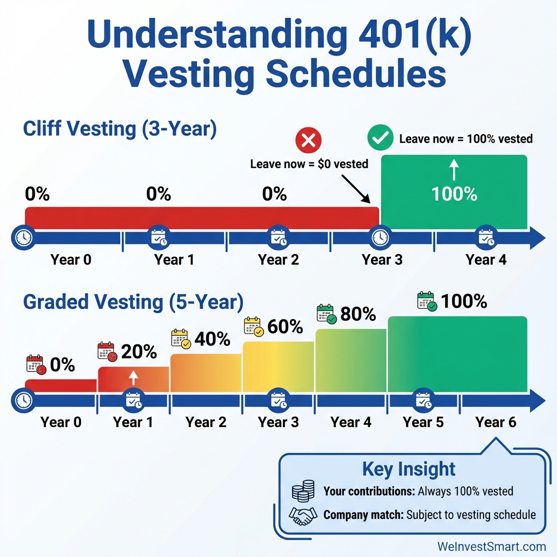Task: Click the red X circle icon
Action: point(308,141)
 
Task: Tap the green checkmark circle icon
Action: point(380,138)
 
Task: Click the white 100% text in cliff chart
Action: point(454,194)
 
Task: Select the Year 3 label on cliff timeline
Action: point(382,259)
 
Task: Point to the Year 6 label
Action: point(496,422)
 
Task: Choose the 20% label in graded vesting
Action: point(139,352)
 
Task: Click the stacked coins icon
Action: point(303,492)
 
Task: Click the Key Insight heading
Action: point(409,469)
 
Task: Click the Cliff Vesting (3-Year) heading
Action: point(120,129)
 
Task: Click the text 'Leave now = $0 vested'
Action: point(309,163)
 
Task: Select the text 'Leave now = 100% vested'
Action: point(466,139)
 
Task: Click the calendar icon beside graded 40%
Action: point(180,338)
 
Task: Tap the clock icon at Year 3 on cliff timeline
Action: point(379,237)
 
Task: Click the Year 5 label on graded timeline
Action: point(423,422)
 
